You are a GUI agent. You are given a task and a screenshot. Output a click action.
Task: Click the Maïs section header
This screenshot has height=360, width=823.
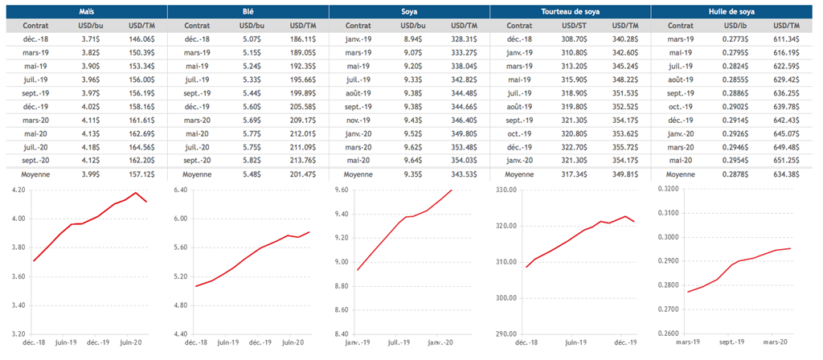click(86, 12)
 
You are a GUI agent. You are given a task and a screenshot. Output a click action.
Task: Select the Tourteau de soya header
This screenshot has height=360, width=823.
click(570, 12)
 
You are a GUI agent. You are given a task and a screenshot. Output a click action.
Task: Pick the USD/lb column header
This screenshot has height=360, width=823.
click(733, 26)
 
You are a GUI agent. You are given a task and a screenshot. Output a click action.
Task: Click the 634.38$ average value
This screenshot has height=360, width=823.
click(787, 173)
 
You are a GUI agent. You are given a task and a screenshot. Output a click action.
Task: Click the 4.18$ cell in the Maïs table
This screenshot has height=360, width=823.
click(88, 146)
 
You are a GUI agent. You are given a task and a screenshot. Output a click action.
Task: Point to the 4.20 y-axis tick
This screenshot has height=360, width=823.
click(17, 190)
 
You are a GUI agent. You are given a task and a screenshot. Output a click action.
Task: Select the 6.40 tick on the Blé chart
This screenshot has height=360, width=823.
click(178, 190)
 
